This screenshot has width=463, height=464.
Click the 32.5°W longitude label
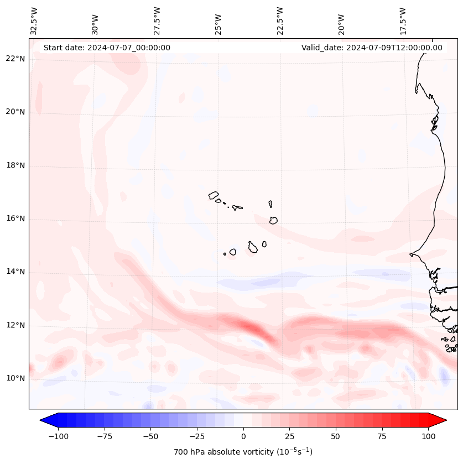[34, 20]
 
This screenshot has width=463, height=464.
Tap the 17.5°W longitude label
[403, 20]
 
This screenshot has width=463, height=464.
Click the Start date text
[107, 48]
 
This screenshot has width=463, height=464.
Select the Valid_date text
[372, 48]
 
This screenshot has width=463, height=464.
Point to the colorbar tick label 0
[243, 436]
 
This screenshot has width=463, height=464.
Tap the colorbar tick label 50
[336, 436]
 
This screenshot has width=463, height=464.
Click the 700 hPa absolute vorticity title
[243, 452]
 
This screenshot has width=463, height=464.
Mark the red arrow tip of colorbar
[445, 420]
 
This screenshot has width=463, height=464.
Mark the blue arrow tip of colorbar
[41, 420]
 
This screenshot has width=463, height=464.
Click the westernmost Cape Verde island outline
[214, 195]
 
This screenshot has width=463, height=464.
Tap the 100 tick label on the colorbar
[428, 436]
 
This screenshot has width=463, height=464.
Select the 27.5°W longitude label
[157, 20]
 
